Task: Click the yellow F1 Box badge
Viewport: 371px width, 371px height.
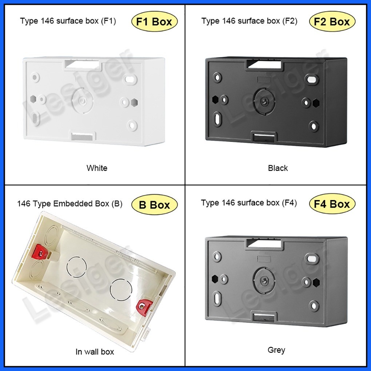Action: tap(154, 21)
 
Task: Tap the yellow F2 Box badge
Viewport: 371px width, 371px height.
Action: tap(332, 21)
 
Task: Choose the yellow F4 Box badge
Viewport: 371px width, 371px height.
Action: tap(332, 204)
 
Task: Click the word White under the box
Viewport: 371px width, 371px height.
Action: tap(97, 168)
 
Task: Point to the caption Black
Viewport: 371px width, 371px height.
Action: tap(278, 168)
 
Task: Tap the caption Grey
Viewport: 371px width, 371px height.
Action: tap(276, 350)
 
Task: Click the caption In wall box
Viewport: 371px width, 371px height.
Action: tap(95, 352)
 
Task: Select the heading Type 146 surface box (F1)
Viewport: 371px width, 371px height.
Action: tap(68, 21)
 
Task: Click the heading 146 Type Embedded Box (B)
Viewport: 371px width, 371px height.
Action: tap(70, 204)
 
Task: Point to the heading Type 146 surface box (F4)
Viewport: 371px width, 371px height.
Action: tap(249, 203)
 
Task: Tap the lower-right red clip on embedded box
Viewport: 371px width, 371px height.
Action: tap(143, 306)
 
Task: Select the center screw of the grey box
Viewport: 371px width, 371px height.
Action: tap(263, 281)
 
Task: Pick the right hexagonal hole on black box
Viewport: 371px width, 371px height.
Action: tap(316, 103)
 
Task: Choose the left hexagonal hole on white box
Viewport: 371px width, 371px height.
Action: tap(33, 99)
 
